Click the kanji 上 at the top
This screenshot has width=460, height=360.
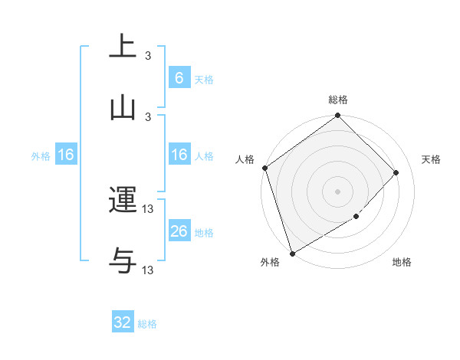[x=123, y=46]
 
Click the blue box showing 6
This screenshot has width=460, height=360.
[x=179, y=78]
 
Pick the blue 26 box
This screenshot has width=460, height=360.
[x=179, y=231]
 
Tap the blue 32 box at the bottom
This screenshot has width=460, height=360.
[x=123, y=322]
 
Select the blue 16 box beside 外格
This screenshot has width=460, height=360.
[x=66, y=155]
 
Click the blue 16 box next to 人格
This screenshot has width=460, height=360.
[x=179, y=155]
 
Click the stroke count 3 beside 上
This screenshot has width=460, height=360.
[x=148, y=56]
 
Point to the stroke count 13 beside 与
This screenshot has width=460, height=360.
[x=148, y=270]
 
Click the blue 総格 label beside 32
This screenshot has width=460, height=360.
[x=147, y=324]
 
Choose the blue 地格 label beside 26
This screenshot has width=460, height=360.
[x=204, y=233]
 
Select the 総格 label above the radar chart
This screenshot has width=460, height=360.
[x=338, y=100]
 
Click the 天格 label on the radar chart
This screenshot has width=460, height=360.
[x=432, y=159]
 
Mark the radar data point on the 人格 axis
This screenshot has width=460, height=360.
[x=264, y=168]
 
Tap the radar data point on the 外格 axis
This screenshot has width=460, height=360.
[x=292, y=253]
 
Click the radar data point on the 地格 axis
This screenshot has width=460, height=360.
[x=356, y=217]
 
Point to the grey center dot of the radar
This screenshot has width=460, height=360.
[x=338, y=191]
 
